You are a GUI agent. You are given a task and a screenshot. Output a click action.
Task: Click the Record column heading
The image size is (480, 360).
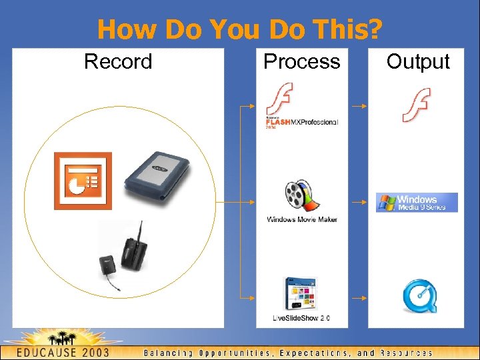pos(118,62)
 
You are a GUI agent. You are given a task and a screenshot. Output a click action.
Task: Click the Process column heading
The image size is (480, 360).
pos(301,62)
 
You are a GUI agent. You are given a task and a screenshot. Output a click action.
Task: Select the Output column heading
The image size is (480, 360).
pos(418,62)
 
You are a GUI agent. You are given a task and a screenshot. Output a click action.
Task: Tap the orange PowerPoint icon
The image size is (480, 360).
pos(83,181)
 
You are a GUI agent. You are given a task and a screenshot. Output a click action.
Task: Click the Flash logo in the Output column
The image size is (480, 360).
pos(416,105)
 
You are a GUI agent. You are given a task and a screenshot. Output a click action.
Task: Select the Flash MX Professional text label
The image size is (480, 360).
pos(302,123)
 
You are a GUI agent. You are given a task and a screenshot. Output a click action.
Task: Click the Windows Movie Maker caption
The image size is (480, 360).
pos(302,219)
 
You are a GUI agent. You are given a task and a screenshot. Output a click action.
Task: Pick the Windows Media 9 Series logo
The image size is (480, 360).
pos(417,202)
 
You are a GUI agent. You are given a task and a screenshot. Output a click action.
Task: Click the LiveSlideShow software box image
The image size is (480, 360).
pos(300,293)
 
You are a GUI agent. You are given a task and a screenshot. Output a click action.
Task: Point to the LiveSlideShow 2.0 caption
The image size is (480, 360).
pos(301,318)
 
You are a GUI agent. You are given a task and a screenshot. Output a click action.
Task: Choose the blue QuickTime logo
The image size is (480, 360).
pos(420,297)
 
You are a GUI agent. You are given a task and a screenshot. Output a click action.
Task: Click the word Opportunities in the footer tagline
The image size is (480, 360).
pos(236,353)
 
